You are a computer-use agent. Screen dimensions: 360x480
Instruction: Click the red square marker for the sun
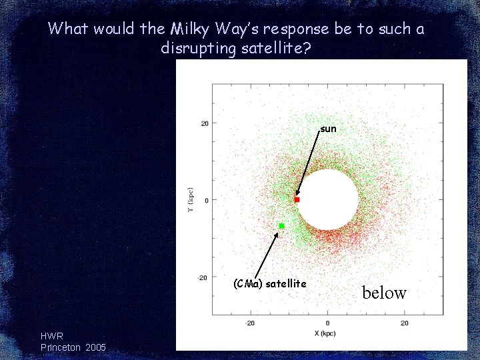click(x=297, y=199)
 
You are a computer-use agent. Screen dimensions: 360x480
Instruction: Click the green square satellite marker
click(x=281, y=226)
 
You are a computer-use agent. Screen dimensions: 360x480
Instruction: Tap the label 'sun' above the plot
click(x=328, y=129)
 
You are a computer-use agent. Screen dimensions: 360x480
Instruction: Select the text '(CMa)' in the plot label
click(x=247, y=284)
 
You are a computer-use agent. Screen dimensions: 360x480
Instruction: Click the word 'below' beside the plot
click(x=384, y=293)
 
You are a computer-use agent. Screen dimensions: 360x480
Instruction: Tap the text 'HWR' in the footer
click(x=52, y=337)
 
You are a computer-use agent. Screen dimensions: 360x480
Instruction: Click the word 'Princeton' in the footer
click(x=61, y=347)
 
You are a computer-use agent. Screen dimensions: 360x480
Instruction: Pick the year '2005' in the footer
click(x=95, y=347)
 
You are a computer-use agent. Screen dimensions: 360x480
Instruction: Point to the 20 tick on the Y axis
click(x=205, y=123)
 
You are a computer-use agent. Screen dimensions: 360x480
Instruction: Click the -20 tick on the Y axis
click(x=203, y=277)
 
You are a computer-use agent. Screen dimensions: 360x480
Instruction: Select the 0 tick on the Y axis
click(x=207, y=200)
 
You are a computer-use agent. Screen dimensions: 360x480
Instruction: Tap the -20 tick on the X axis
click(x=250, y=323)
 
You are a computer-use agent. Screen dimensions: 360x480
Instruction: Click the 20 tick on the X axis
click(x=405, y=323)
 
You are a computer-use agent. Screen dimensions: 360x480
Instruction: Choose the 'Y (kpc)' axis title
click(x=190, y=200)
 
